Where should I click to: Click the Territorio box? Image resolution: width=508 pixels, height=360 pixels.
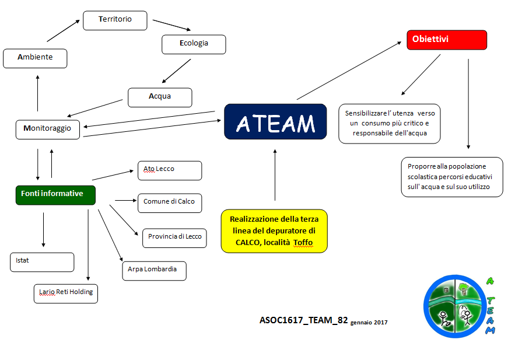pyautogui.click(x=115, y=20)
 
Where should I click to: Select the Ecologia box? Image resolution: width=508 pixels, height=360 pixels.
pyautogui.click(x=194, y=44)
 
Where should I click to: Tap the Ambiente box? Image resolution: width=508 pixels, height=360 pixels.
pyautogui.click(x=35, y=58)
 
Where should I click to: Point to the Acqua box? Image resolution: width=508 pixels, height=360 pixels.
pyautogui.click(x=160, y=97)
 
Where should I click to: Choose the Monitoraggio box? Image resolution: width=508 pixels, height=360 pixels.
pyautogui.click(x=48, y=129)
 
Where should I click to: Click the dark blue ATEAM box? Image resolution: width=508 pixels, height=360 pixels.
pyautogui.click(x=275, y=122)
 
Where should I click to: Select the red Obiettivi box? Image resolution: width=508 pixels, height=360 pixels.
pyautogui.click(x=446, y=40)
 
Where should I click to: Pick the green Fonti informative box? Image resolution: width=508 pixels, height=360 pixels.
pyautogui.click(x=55, y=194)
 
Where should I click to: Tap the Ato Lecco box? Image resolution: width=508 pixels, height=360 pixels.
pyautogui.click(x=169, y=170)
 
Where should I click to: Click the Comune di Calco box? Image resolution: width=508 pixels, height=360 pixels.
pyautogui.click(x=169, y=202)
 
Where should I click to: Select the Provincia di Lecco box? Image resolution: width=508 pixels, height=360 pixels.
pyautogui.click(x=174, y=237)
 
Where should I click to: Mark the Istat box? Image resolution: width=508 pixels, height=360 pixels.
pyautogui.click(x=42, y=262)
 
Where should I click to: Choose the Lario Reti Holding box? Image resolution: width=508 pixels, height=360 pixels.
pyautogui.click(x=66, y=293)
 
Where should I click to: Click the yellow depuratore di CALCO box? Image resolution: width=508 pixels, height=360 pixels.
pyautogui.click(x=274, y=231)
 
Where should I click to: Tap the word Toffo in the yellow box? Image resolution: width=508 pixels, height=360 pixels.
pyautogui.click(x=303, y=243)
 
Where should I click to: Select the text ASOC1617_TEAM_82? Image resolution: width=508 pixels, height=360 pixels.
pyautogui.click(x=303, y=320)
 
